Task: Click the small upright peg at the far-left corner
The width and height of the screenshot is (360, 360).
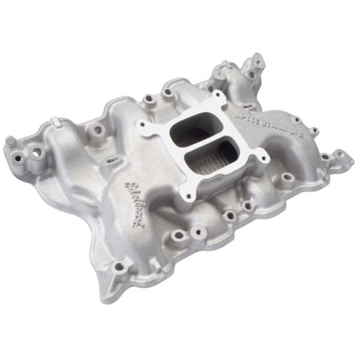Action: pyautogui.click(x=10, y=142)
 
